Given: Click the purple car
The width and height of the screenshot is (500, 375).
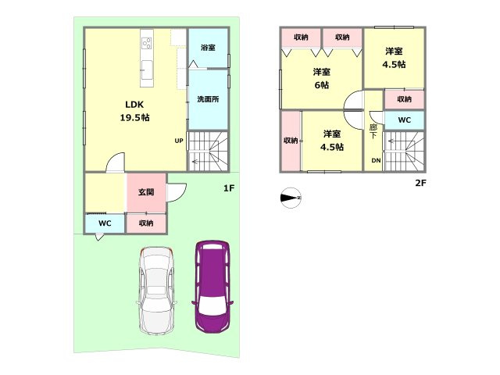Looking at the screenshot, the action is click(212, 287).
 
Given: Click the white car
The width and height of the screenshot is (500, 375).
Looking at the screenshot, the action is click(156, 291).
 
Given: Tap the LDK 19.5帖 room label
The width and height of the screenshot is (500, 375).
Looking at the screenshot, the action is click(134, 111).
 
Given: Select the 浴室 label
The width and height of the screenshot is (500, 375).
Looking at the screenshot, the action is click(208, 48).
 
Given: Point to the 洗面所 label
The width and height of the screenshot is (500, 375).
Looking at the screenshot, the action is click(208, 99).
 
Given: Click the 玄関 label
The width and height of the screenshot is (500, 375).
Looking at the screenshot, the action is click(146, 192).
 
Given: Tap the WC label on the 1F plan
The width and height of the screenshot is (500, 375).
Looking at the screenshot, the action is click(105, 223).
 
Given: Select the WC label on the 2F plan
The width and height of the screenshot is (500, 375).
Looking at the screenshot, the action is click(405, 120).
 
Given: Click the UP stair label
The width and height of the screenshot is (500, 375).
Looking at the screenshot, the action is click(179, 141).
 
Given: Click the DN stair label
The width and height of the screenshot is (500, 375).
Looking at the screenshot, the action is click(377, 160).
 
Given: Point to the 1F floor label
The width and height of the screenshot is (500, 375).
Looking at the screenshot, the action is click(229, 188).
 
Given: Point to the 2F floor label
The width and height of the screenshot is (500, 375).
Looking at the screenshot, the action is click(420, 183).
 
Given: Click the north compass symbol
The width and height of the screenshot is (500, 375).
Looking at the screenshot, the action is click(291, 198).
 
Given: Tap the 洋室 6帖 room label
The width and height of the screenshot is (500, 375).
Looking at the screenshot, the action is click(321, 78).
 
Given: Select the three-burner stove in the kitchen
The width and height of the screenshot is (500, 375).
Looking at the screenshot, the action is click(147, 43).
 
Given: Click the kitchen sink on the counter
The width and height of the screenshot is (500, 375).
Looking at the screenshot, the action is click(147, 70).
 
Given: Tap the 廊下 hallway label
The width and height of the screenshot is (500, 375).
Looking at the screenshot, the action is click(373, 131).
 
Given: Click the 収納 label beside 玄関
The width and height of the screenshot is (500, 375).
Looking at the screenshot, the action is click(146, 223).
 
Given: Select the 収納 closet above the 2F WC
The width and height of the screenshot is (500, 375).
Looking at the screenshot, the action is click(404, 99).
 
